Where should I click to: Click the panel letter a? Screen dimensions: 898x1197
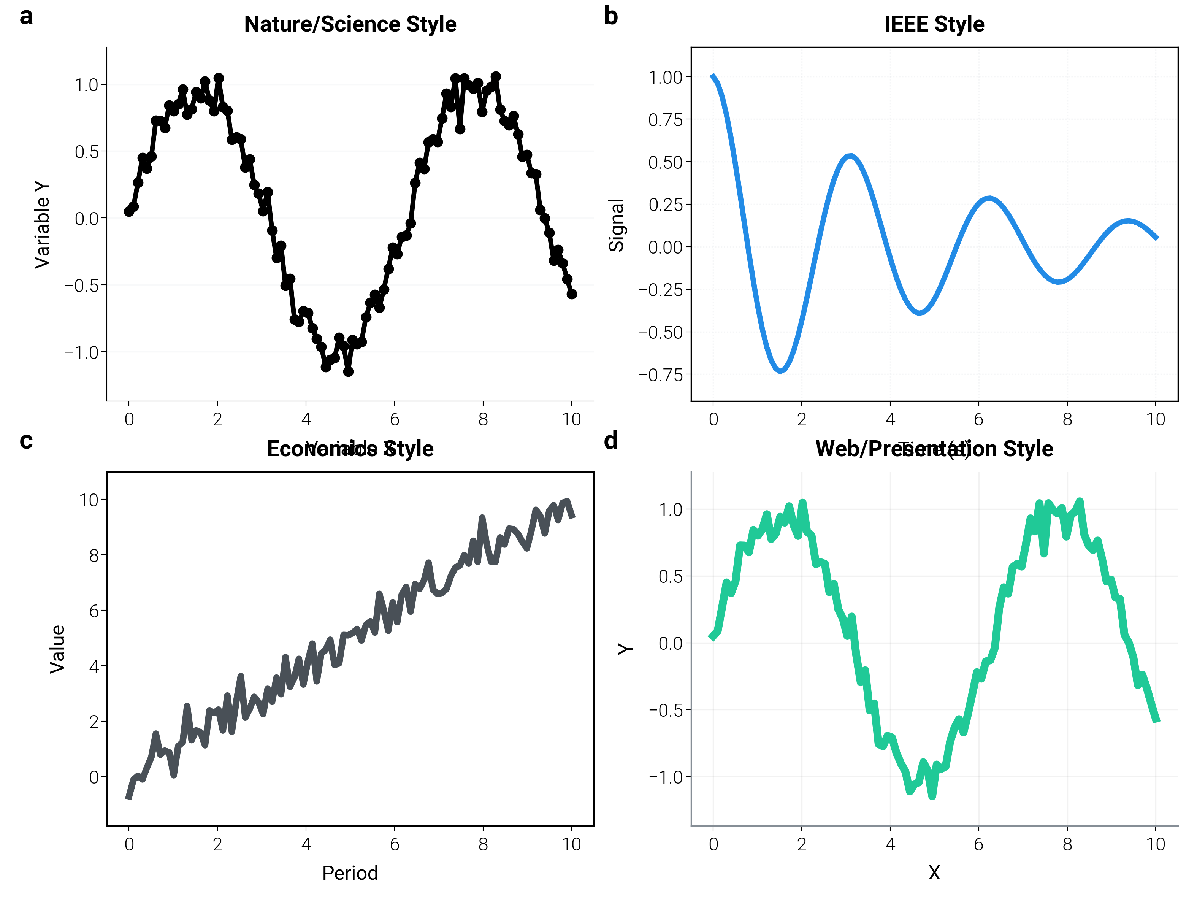point(26,16)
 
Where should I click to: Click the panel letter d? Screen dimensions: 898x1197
point(610,441)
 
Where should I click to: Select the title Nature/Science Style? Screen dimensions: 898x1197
point(350,24)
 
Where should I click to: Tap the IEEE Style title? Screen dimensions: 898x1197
point(934,24)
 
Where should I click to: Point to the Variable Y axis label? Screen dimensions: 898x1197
point(42,225)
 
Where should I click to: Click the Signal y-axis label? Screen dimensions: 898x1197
point(616,225)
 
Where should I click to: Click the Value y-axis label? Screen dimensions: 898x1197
point(57,649)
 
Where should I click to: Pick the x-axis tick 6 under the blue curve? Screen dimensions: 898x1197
point(978,419)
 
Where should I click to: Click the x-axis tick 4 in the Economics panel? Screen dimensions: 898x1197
point(306,844)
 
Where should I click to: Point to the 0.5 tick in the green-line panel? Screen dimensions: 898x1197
point(671,576)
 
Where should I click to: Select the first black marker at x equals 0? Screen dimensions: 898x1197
point(129,212)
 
